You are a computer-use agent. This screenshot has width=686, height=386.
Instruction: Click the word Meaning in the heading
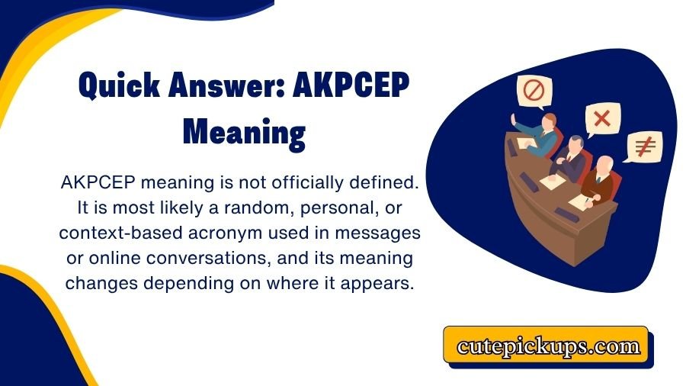point(244,133)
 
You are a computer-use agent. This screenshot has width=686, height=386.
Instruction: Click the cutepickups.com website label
point(548,346)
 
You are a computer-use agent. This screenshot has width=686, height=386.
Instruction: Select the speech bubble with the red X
point(602,118)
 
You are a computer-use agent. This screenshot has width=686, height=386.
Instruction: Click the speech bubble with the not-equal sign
point(641,146)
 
